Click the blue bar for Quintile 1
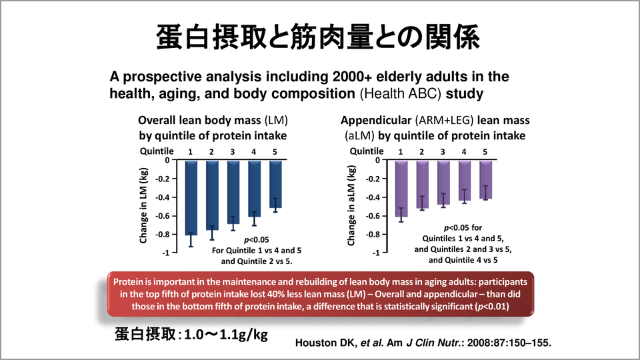tap(191, 197)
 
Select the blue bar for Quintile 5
tap(275, 183)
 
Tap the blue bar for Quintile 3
tap(233, 190)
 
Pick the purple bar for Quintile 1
tap(401, 188)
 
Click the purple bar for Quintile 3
tap(443, 181)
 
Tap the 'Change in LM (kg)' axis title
tap(143, 207)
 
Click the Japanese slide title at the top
tap(319, 37)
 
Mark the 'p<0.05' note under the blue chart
tap(257, 239)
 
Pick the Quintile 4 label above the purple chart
tap(464, 151)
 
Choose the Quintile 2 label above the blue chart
tap(211, 151)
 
